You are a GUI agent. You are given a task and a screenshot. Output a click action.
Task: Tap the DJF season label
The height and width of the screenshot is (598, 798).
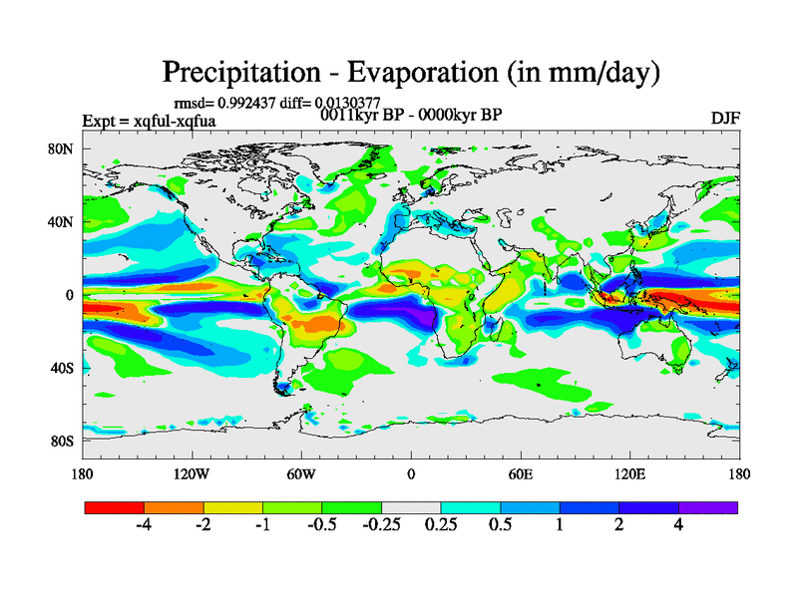[x=724, y=118]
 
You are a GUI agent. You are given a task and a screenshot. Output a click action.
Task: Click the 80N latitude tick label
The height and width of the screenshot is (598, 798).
[x=62, y=149]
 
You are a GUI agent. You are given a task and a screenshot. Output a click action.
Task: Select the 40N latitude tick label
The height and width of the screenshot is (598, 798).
[x=62, y=222]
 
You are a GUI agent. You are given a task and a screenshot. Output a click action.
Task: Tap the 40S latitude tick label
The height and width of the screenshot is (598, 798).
[x=62, y=368]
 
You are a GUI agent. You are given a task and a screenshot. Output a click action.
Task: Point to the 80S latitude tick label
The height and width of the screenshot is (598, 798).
[x=62, y=441]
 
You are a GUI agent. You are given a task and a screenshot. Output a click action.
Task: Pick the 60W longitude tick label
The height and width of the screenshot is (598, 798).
[x=301, y=473]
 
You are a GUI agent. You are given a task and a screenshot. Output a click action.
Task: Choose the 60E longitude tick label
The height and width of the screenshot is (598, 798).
[x=520, y=473]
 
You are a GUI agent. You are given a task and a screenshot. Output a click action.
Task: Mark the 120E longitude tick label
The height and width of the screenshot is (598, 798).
[x=629, y=473]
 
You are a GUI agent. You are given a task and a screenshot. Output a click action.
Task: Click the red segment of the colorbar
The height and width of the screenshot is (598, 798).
[x=115, y=507]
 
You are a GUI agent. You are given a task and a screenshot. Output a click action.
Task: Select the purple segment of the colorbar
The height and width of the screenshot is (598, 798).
[x=708, y=507]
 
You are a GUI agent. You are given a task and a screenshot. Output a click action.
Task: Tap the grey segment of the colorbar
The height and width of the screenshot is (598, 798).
[x=411, y=507]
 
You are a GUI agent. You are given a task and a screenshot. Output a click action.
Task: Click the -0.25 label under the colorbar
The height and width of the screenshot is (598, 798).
[x=382, y=525]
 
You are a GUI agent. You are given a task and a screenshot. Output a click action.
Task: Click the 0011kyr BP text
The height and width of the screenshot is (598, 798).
[x=359, y=115]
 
